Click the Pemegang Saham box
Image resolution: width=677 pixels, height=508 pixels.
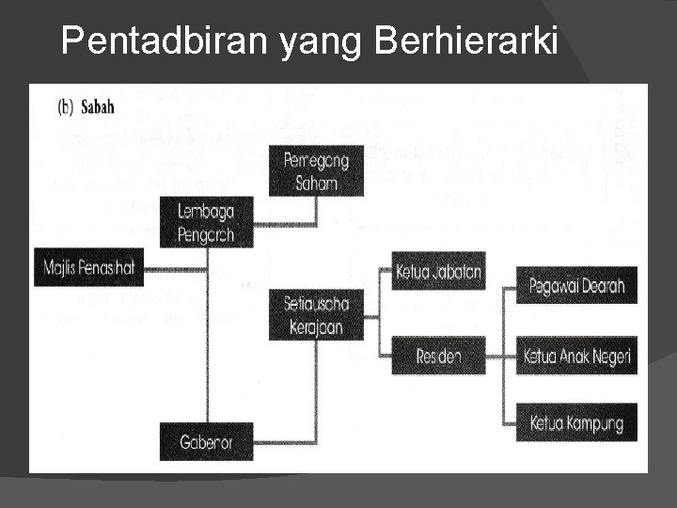click(x=316, y=171)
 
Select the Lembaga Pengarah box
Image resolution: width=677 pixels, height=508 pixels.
click(x=206, y=222)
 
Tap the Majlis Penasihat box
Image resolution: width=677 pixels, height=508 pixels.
click(x=89, y=268)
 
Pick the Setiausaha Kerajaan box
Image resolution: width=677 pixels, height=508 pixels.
click(x=316, y=314)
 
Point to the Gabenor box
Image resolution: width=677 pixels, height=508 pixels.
click(x=206, y=440)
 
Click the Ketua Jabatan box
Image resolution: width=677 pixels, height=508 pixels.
click(x=438, y=273)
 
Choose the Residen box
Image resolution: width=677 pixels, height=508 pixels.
click(x=438, y=356)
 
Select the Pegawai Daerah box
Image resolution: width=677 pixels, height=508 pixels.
click(x=576, y=285)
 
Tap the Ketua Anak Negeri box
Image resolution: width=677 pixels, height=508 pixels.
click(x=576, y=356)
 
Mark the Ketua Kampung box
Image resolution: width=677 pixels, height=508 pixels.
click(x=576, y=422)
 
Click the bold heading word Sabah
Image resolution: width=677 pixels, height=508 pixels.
click(x=97, y=107)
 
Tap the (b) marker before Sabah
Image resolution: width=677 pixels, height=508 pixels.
click(x=66, y=107)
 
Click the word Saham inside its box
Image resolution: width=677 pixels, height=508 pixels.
click(x=316, y=183)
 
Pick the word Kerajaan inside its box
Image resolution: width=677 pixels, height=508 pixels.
click(x=316, y=326)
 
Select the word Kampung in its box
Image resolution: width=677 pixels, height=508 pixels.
click(x=593, y=423)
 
